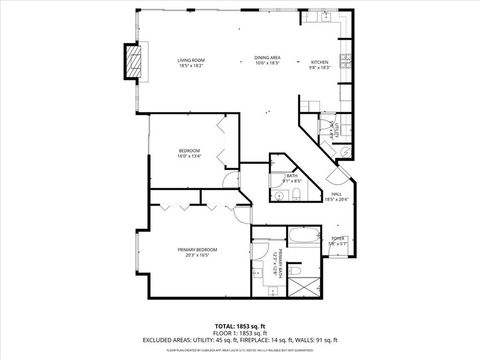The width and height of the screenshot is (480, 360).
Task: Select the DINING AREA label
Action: coord(267,57)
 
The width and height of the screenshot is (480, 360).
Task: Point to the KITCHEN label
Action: coord(319,61)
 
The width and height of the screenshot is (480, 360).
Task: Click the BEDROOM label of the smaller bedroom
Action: coord(189,150)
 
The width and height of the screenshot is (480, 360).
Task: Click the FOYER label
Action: coord(337,238)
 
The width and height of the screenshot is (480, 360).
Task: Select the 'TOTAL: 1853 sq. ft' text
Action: coord(240,325)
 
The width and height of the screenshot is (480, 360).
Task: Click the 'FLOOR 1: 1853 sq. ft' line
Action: coord(240,332)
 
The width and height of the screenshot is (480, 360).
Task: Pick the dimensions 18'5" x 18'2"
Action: coord(191,66)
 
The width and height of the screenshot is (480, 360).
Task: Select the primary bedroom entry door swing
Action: coord(240,210)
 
